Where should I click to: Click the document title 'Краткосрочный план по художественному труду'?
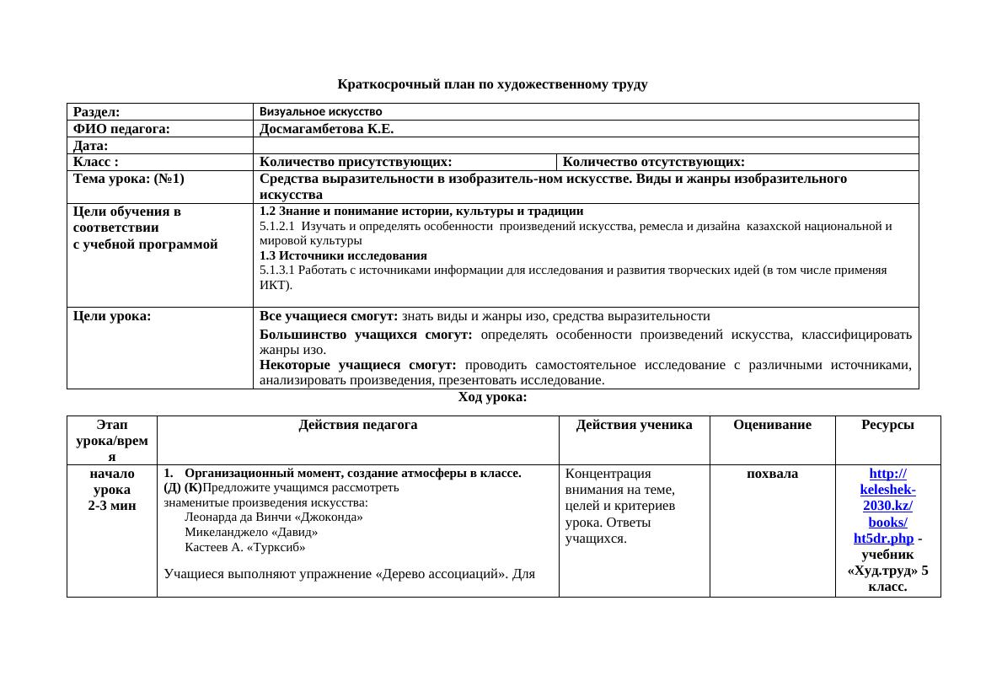point(492,84)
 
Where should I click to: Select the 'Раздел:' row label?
point(96,111)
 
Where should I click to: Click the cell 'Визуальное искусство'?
point(320,111)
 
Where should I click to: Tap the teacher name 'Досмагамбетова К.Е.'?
point(327,129)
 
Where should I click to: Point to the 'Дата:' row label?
point(91,146)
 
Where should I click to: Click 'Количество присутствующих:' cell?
point(356,162)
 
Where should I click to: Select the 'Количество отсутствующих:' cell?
point(653,162)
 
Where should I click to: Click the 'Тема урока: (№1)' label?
point(129,179)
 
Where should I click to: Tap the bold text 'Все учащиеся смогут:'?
point(329,316)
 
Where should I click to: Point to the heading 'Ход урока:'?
point(492,397)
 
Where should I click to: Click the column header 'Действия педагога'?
point(357,426)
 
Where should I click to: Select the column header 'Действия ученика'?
point(634,426)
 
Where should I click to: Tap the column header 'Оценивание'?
point(772,426)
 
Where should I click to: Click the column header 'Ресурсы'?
point(887,426)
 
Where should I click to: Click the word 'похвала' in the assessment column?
point(772,474)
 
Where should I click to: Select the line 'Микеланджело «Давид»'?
point(251,532)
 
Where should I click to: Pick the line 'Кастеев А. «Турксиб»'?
point(244,547)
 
